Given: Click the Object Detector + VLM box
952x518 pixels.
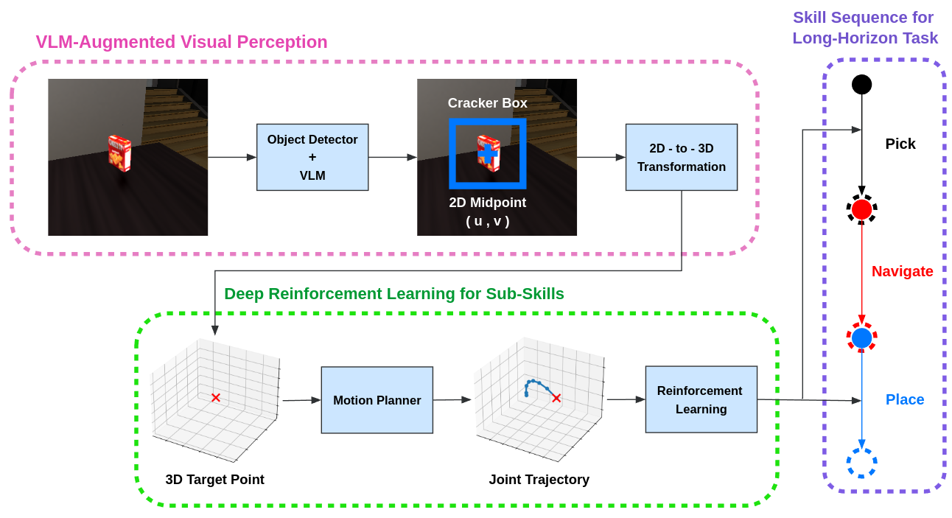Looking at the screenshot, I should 312,157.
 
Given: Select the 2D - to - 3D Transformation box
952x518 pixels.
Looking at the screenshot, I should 681,157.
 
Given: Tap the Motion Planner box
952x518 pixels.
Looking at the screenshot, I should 377,400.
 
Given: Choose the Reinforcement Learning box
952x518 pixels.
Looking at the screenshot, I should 701,399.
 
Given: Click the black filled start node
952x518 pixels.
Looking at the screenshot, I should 861,85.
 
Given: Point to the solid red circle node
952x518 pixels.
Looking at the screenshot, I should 861,210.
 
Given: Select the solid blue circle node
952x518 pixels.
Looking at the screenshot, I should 861,338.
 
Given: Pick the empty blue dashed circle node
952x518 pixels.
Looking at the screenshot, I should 861,463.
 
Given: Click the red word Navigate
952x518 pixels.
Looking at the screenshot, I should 902,271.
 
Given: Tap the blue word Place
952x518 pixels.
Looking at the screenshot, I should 904,399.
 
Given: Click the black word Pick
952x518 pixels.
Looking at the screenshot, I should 900,144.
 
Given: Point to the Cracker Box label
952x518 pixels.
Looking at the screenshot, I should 487,103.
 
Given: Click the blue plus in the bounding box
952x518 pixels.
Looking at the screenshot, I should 488,153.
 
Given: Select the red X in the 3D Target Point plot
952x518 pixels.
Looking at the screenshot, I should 216,398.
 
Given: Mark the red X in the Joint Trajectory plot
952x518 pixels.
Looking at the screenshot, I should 556,398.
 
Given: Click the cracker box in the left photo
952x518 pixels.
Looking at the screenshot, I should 119,153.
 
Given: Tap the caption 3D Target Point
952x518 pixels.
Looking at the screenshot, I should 214,480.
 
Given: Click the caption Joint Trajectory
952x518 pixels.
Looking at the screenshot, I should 539,480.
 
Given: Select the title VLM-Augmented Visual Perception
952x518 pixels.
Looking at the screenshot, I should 181,42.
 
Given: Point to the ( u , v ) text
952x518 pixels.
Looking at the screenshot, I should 487,220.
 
